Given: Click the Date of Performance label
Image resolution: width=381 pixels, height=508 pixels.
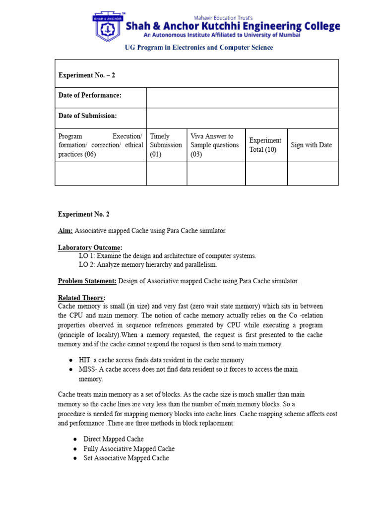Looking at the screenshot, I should [90, 95].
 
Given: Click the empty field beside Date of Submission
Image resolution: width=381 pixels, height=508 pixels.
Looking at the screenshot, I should [242, 116].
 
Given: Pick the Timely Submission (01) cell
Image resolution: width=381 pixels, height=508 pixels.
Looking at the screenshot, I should [166, 145].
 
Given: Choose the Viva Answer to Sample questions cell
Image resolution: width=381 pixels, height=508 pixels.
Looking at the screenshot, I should [215, 145].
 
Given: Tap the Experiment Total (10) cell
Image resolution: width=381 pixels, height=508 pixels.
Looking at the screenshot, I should [265, 145].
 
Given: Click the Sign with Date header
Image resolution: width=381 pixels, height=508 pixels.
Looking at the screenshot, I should [312, 145].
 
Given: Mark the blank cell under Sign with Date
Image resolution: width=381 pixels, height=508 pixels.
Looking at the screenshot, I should [313, 173].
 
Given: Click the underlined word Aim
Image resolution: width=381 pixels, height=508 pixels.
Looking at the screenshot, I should [65, 231].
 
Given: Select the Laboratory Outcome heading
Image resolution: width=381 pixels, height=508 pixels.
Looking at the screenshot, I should [90, 248].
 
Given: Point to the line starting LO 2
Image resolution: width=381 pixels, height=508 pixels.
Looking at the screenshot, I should [147, 264].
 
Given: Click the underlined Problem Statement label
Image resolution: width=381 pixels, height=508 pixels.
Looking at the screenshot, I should [87, 281].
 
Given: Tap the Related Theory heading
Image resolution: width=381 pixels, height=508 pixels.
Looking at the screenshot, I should [81, 298].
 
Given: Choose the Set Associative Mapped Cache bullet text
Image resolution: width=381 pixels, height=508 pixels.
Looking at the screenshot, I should [126, 458].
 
